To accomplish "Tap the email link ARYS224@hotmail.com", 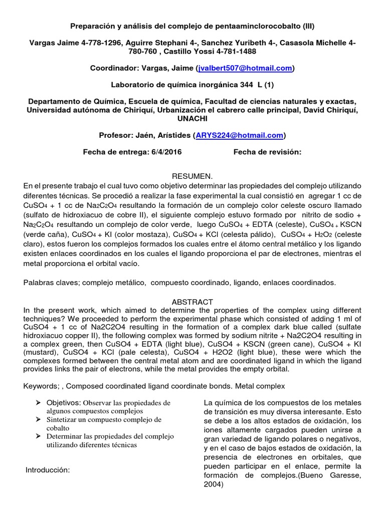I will [x=239, y=135].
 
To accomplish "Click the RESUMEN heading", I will [x=192, y=176].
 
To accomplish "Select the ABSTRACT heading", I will [x=192, y=302].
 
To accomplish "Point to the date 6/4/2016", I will [x=165, y=152].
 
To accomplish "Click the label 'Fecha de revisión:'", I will [x=267, y=152].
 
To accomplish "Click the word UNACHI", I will [x=192, y=119].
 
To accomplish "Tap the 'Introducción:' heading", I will [x=47, y=470].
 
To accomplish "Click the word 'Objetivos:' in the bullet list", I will [x=64, y=403].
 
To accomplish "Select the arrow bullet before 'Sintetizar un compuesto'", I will [x=38, y=419].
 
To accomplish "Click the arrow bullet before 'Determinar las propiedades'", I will [x=38, y=436].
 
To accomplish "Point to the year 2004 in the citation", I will [x=214, y=484].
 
